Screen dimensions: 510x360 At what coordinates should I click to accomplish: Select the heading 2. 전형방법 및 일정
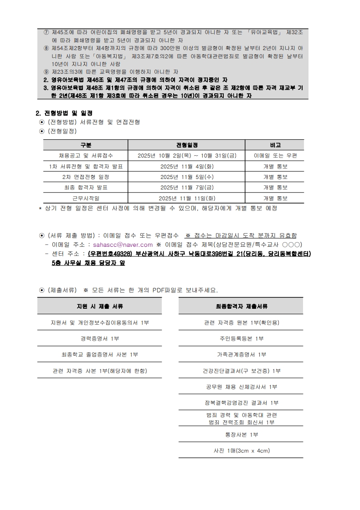(x=64, y=113)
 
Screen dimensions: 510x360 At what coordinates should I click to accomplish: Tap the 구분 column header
(x=86, y=145)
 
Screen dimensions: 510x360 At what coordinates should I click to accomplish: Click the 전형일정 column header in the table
(x=187, y=145)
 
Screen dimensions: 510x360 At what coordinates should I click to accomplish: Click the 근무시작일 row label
(x=86, y=198)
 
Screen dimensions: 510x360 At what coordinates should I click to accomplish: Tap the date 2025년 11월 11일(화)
(x=187, y=198)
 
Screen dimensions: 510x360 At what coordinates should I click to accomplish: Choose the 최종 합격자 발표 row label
(x=86, y=188)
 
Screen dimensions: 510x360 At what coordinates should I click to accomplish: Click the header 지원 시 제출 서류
(x=99, y=306)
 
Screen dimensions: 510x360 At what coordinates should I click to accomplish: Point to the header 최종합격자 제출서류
(x=241, y=306)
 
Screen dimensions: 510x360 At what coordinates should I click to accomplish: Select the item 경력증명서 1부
(x=99, y=338)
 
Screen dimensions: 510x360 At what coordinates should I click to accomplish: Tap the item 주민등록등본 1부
(x=241, y=338)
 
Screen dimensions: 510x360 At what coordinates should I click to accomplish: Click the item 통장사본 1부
(x=241, y=434)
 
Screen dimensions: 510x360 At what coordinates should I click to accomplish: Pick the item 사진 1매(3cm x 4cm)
(x=241, y=451)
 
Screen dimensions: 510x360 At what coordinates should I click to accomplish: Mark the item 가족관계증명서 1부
(x=241, y=354)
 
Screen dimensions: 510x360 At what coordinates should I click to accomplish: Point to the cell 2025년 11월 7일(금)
(x=187, y=188)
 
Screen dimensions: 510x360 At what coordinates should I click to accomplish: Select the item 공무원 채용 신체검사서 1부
(x=241, y=387)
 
